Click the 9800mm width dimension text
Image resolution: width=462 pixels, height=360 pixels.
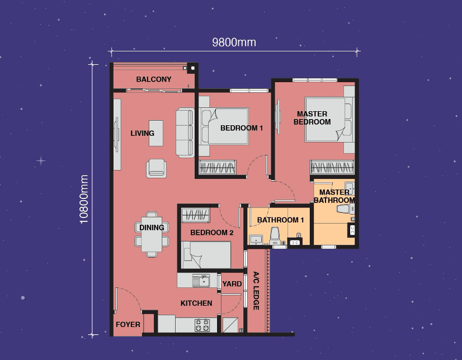(234, 42)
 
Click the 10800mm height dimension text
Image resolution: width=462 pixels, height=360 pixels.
(84, 199)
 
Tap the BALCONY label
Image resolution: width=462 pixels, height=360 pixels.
(154, 79)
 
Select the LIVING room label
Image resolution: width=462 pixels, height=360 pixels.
(142, 133)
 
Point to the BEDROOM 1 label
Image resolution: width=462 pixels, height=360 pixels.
(241, 128)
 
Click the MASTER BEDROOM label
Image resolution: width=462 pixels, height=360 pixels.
(312, 118)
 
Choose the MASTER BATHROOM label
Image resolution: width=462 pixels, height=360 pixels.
(334, 196)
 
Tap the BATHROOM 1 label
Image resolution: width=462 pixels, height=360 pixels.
(280, 220)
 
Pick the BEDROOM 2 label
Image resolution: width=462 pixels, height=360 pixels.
(211, 233)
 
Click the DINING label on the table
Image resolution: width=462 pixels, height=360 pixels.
(152, 228)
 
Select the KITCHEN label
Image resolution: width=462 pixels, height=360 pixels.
(196, 303)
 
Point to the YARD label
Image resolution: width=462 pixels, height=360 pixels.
(232, 284)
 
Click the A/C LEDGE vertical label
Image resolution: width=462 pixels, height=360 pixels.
(256, 291)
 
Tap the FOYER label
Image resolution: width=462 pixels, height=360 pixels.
(128, 324)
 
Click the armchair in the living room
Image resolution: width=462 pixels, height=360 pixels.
(156, 168)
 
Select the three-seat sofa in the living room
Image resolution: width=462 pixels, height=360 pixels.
(185, 132)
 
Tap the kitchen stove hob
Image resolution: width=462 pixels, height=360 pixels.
(202, 325)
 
